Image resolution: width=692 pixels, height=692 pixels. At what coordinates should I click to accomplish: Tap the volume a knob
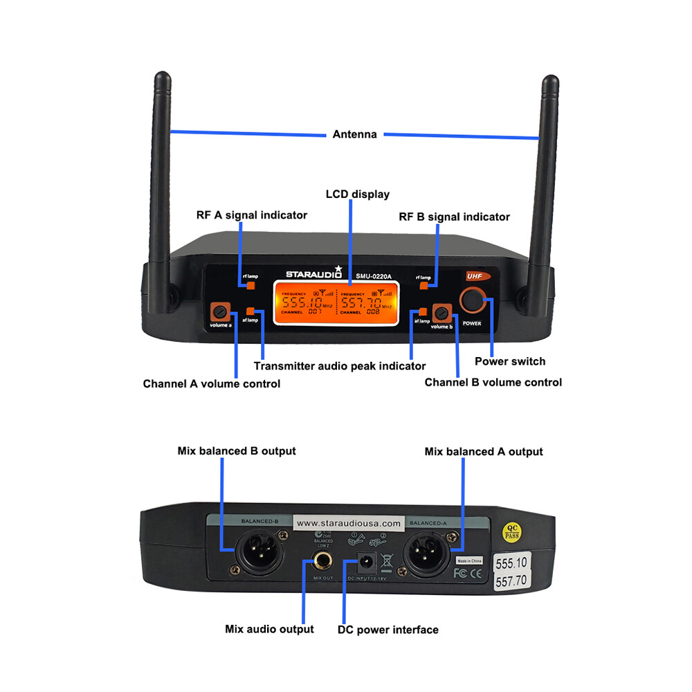click(x=221, y=310)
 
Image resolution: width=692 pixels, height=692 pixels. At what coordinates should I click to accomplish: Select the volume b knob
click(x=441, y=311)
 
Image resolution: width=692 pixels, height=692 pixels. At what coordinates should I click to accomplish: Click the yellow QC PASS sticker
click(x=511, y=532)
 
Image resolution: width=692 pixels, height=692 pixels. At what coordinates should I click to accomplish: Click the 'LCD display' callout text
click(x=358, y=194)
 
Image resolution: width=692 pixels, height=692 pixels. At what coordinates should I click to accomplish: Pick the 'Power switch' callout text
click(x=509, y=361)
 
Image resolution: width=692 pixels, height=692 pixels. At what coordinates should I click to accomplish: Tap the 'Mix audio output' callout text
click(x=269, y=629)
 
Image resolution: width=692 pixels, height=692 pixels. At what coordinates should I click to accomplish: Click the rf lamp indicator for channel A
click(x=251, y=285)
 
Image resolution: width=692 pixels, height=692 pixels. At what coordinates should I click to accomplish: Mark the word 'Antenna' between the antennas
click(x=355, y=134)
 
